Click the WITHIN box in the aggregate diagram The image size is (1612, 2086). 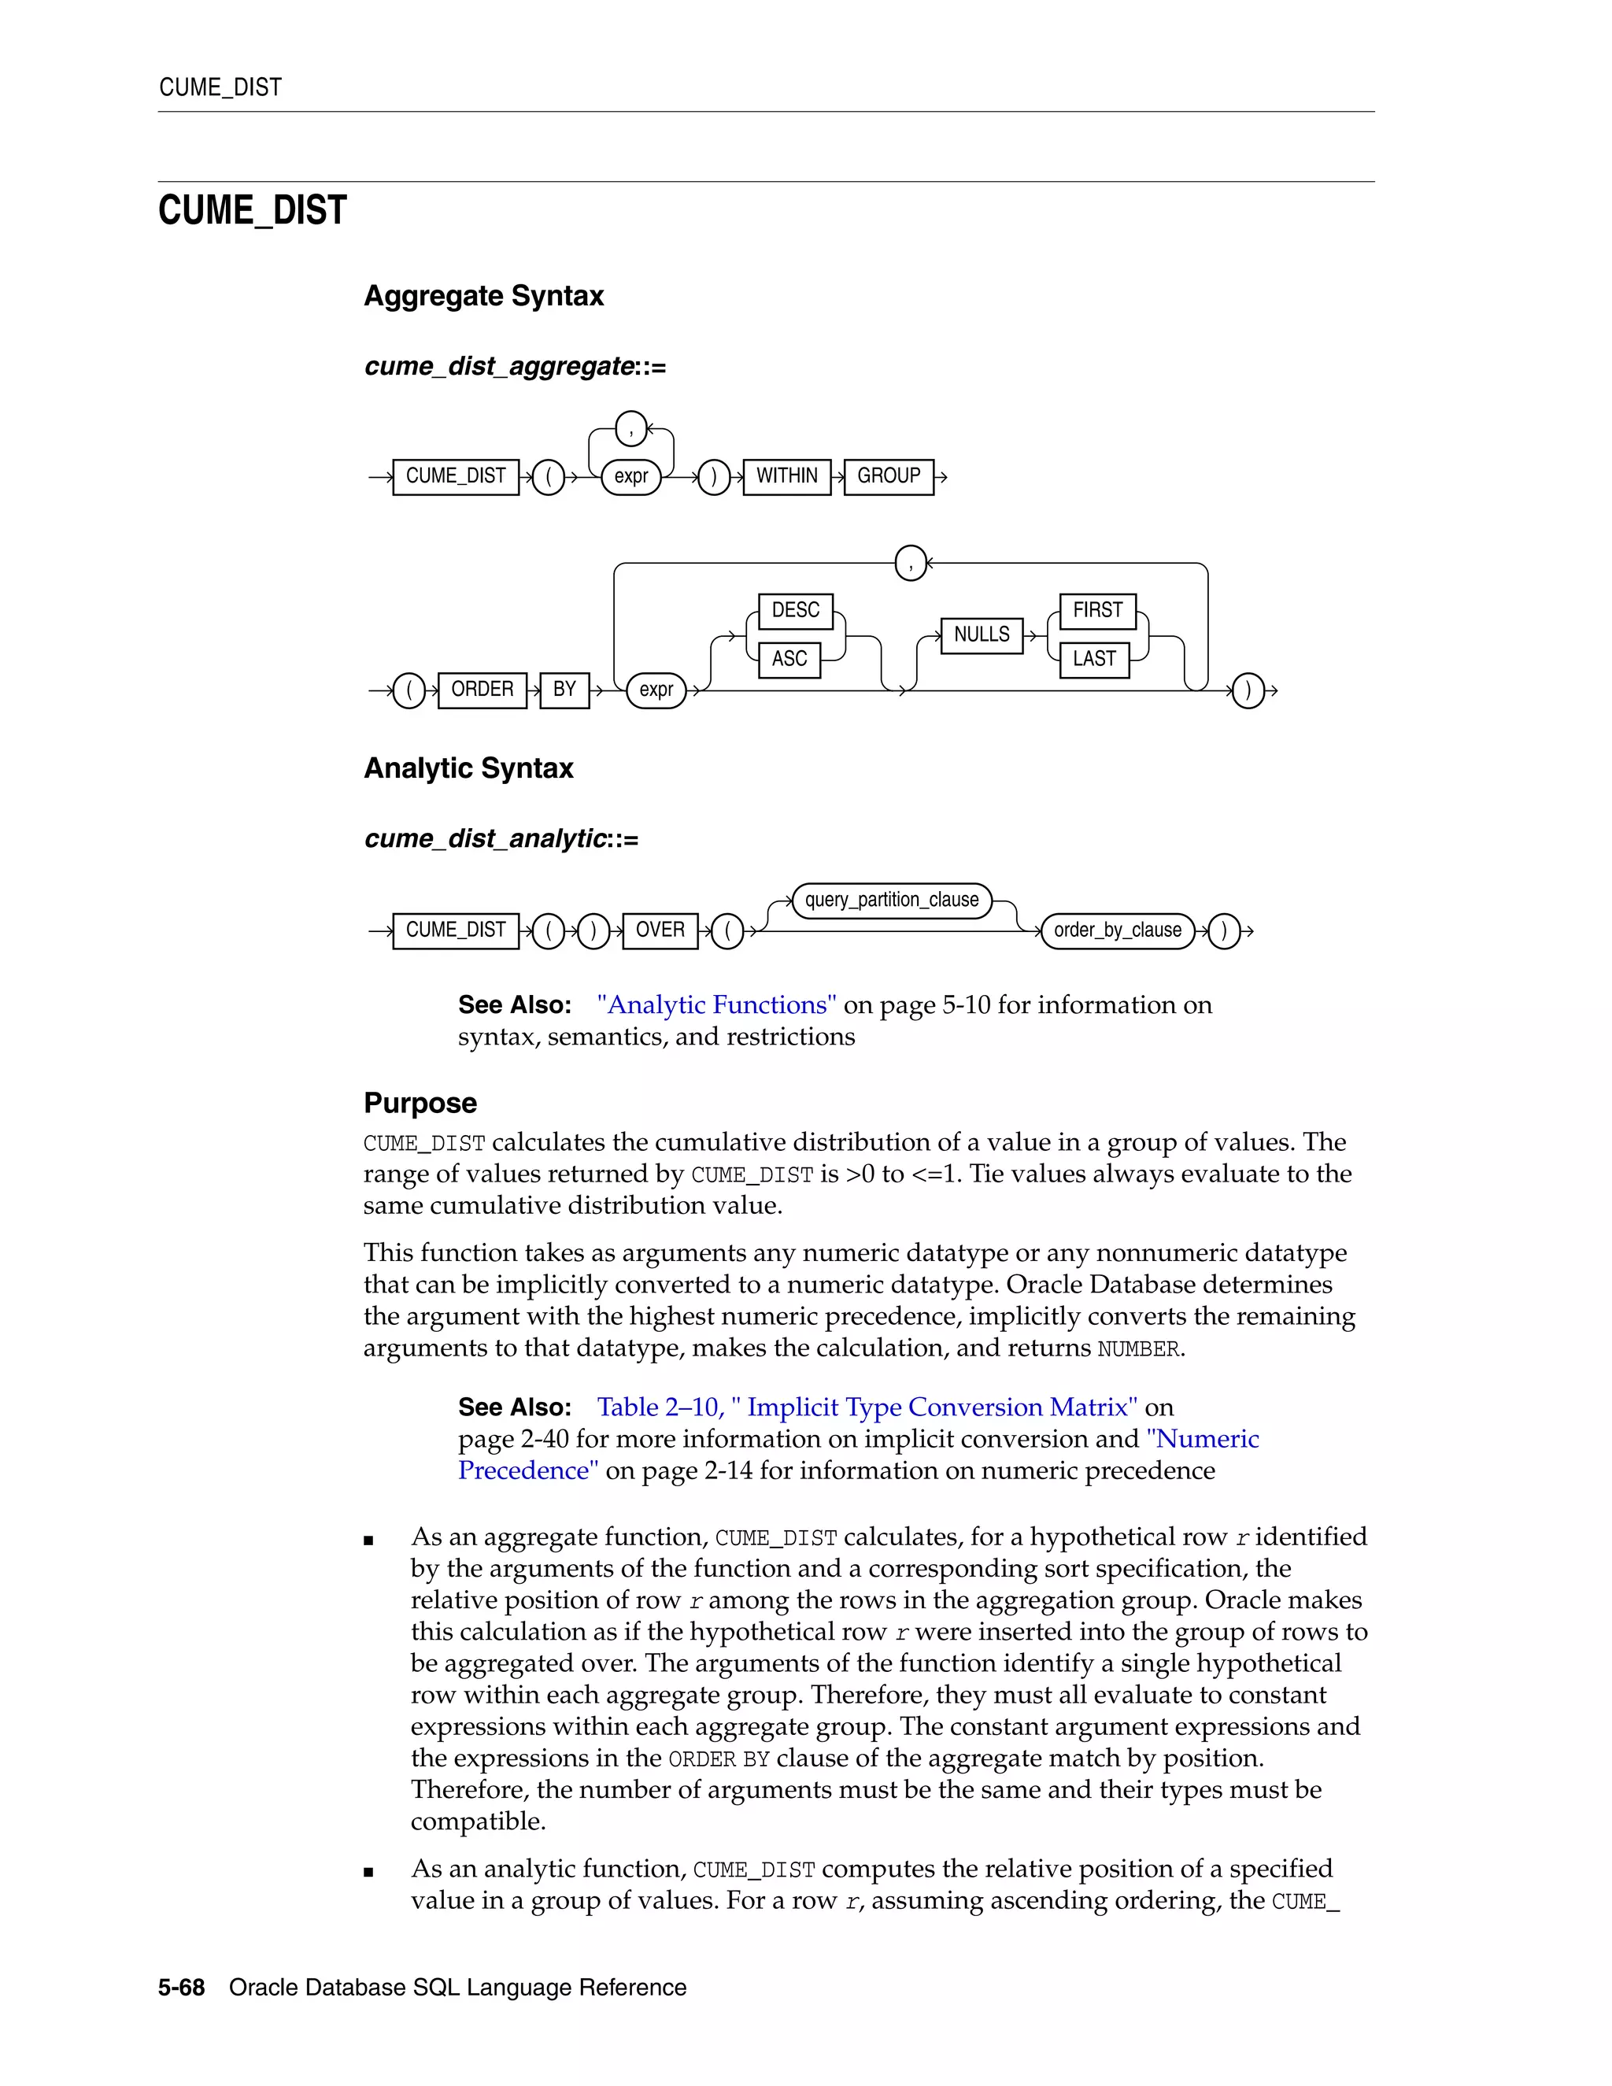pos(787,475)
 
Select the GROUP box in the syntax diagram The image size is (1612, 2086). pos(888,475)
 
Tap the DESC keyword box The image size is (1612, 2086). pos(796,610)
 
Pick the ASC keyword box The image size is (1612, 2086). pos(789,659)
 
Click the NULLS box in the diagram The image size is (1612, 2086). pos(981,635)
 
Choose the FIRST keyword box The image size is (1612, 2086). pos(1097,610)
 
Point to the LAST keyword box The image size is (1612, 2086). pos(1093,659)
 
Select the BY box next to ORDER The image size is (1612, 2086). pos(564,690)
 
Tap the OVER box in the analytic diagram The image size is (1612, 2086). pos(660,930)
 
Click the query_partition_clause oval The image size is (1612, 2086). pos(891,900)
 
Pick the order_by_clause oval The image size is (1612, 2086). pos(1118,930)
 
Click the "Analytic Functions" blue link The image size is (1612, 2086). pos(716,1004)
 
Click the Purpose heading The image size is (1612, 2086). pos(420,1103)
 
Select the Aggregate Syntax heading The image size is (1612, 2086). pos(483,296)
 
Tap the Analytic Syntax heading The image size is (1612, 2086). pos(468,769)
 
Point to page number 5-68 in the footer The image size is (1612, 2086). pos(182,1988)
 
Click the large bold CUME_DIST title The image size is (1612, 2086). pos(252,211)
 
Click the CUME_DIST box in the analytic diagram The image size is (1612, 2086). pos(456,930)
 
